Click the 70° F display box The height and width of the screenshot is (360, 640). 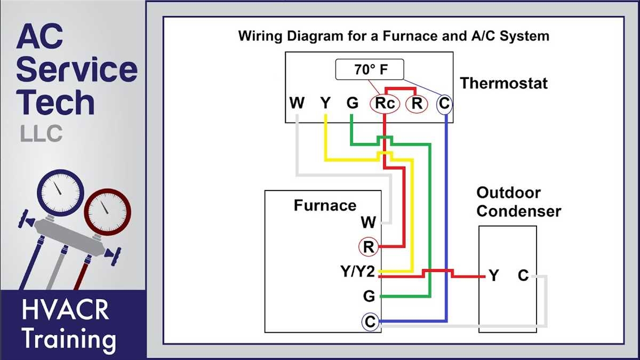[x=369, y=70]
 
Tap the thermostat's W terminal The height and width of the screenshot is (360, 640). [x=297, y=103]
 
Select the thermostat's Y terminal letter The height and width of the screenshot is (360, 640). [x=325, y=103]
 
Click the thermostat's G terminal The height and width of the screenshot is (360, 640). [x=352, y=103]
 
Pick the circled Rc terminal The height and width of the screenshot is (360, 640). [x=385, y=104]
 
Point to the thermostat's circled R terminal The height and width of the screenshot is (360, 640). [x=417, y=104]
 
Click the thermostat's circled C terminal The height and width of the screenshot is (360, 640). [x=444, y=104]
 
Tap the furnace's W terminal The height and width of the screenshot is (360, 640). [x=368, y=222]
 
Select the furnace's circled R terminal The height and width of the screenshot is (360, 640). [x=368, y=247]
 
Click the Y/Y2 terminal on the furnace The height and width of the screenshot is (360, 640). [x=358, y=272]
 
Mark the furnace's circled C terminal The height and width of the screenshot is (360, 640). [x=369, y=322]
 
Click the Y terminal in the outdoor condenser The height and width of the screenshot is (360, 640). [x=494, y=276]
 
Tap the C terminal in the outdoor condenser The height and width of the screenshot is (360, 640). [x=523, y=276]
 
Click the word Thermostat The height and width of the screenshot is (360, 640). [x=504, y=83]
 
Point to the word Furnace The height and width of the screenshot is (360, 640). [x=325, y=205]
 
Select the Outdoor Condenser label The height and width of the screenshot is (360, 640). [x=518, y=202]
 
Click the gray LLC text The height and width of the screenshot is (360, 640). [x=41, y=133]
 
